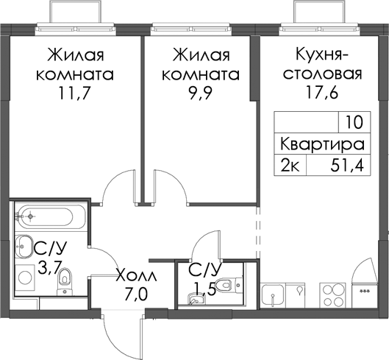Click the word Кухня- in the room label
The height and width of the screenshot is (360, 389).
pos(322,54)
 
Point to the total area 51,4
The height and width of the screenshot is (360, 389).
pos(347,166)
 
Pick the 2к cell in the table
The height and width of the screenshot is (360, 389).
pos(290,166)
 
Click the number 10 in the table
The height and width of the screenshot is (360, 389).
pos(354,122)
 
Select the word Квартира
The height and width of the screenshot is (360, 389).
pos(322,144)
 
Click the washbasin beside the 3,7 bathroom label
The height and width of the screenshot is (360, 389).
pos(24,247)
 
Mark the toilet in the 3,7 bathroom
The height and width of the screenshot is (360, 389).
pos(64,281)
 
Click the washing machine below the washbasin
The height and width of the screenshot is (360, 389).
pos(25,278)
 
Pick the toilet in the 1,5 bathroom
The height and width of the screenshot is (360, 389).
pos(229,285)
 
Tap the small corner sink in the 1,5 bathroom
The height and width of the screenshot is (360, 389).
pos(196,299)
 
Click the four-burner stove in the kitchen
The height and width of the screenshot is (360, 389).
pos(332,295)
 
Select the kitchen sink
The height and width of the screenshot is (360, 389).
pos(273,295)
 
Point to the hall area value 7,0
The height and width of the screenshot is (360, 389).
pos(137,294)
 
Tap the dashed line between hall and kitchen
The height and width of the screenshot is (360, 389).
pos(258,233)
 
